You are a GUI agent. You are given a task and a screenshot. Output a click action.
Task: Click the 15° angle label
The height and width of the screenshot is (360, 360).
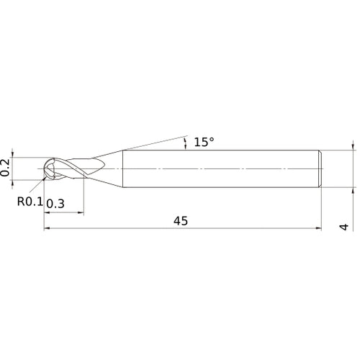[x=204, y=142]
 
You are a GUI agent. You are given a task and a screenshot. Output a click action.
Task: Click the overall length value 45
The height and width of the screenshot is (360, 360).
[x=181, y=221]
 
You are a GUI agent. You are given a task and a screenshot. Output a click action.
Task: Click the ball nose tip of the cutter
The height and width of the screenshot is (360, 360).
[x=45, y=169]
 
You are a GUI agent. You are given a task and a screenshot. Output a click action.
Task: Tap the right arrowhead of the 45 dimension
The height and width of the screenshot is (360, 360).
[x=318, y=229]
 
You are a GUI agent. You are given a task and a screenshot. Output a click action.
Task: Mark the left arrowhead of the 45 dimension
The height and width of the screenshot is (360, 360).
[x=48, y=229]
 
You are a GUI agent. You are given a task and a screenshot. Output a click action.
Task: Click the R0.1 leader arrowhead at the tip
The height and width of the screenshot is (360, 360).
[x=48, y=174]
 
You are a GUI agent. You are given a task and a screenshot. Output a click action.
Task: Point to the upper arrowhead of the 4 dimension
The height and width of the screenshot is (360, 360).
[x=353, y=145]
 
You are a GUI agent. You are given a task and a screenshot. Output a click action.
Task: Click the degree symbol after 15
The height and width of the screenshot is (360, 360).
[x=212, y=139]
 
